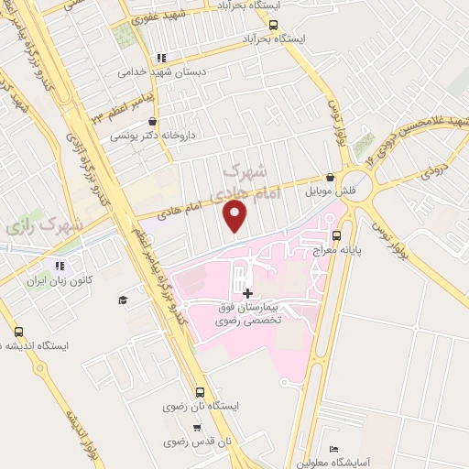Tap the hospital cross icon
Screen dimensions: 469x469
[x=248, y=292]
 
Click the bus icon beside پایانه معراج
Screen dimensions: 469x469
[x=336, y=234]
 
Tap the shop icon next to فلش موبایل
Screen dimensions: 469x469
[x=330, y=178]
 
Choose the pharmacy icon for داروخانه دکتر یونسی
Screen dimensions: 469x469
[x=152, y=121]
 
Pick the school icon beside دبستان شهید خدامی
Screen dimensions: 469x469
[x=163, y=57]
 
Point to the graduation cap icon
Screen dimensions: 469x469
[x=122, y=300]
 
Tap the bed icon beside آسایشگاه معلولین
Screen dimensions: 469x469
[x=334, y=448]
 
